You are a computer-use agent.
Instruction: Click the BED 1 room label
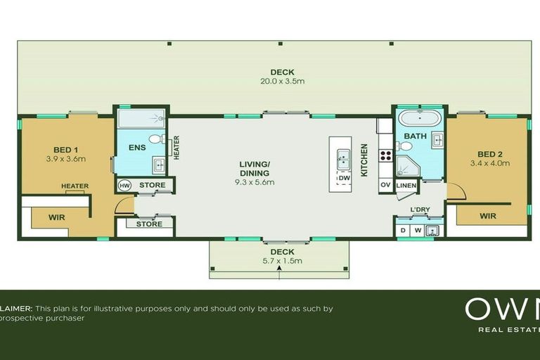click(65, 149)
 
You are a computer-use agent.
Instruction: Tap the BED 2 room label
click(489, 154)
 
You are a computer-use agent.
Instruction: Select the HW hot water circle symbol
click(125, 186)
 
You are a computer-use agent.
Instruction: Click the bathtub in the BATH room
click(419, 117)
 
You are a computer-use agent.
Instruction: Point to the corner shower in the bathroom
click(406, 166)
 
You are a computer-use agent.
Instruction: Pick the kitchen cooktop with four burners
click(385, 155)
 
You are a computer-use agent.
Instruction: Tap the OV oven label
click(385, 185)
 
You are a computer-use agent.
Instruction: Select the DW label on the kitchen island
click(344, 179)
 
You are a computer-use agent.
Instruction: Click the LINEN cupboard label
click(406, 186)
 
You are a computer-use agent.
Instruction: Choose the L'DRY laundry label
click(420, 210)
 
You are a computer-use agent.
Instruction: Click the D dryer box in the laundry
click(403, 230)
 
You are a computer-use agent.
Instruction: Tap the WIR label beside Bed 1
click(57, 217)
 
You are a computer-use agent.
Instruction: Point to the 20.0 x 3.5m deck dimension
click(282, 81)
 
